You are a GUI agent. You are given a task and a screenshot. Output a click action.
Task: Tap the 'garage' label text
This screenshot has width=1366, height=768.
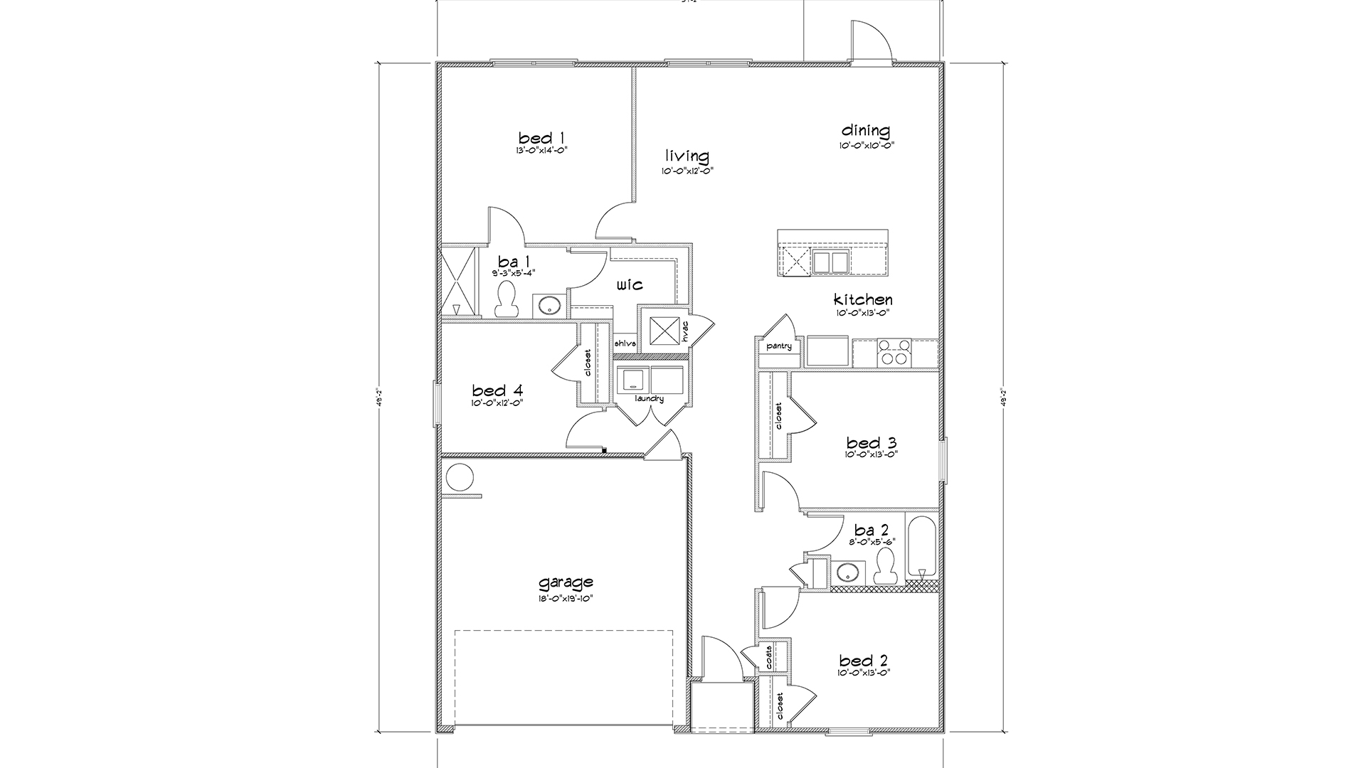(x=566, y=583)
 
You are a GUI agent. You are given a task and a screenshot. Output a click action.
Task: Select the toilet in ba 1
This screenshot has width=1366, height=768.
(x=507, y=299)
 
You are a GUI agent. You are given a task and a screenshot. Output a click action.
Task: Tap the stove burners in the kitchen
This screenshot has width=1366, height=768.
(x=895, y=352)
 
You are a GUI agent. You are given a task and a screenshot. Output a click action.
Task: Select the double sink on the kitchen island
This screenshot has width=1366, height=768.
(x=832, y=262)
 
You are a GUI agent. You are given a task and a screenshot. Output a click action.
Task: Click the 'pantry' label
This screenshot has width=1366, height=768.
(x=779, y=346)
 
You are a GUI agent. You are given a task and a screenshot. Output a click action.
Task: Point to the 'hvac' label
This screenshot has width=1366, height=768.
(x=685, y=331)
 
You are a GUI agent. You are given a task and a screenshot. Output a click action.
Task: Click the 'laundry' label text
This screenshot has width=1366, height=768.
(x=649, y=399)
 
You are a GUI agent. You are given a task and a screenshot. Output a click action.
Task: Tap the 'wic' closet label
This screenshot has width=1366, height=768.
(x=630, y=284)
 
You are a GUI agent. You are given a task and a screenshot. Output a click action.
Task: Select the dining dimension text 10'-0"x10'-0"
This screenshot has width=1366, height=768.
(x=866, y=144)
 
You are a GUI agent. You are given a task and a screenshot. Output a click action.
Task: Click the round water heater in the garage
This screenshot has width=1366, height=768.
(x=460, y=477)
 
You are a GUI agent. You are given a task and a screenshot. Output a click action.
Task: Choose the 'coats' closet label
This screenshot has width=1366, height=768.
(x=770, y=658)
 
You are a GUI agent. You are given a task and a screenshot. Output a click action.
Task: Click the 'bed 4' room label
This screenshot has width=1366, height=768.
(x=497, y=390)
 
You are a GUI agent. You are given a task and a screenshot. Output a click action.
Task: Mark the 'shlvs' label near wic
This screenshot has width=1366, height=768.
(x=624, y=343)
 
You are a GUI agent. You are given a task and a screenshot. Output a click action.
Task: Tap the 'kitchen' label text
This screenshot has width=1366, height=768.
(x=863, y=299)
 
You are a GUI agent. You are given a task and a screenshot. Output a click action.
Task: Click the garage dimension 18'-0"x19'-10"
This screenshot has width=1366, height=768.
(x=566, y=599)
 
